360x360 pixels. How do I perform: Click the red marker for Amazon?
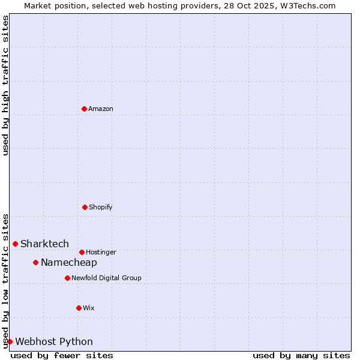click(84, 109)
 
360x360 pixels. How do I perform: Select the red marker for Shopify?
click(85, 207)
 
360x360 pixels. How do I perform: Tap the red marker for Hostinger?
click(82, 252)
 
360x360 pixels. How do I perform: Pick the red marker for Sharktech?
click(15, 244)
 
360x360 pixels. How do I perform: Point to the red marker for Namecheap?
click(35, 262)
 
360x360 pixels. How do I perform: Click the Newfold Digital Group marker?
click(67, 278)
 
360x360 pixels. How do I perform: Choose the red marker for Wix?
click(79, 308)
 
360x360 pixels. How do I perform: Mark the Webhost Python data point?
click(10, 341)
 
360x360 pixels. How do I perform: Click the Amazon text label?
click(101, 109)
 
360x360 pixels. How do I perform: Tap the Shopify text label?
click(101, 207)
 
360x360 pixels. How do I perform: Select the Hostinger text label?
click(101, 252)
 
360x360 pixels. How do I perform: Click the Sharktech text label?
click(44, 244)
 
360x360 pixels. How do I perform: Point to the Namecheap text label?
click(69, 262)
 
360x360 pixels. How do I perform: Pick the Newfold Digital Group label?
click(106, 278)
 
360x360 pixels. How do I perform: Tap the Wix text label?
click(89, 308)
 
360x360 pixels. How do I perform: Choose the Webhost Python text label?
click(54, 341)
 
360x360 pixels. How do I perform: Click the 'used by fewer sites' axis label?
click(62, 355)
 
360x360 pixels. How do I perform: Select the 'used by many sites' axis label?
click(301, 355)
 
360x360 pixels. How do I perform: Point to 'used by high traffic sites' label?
click(6, 85)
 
